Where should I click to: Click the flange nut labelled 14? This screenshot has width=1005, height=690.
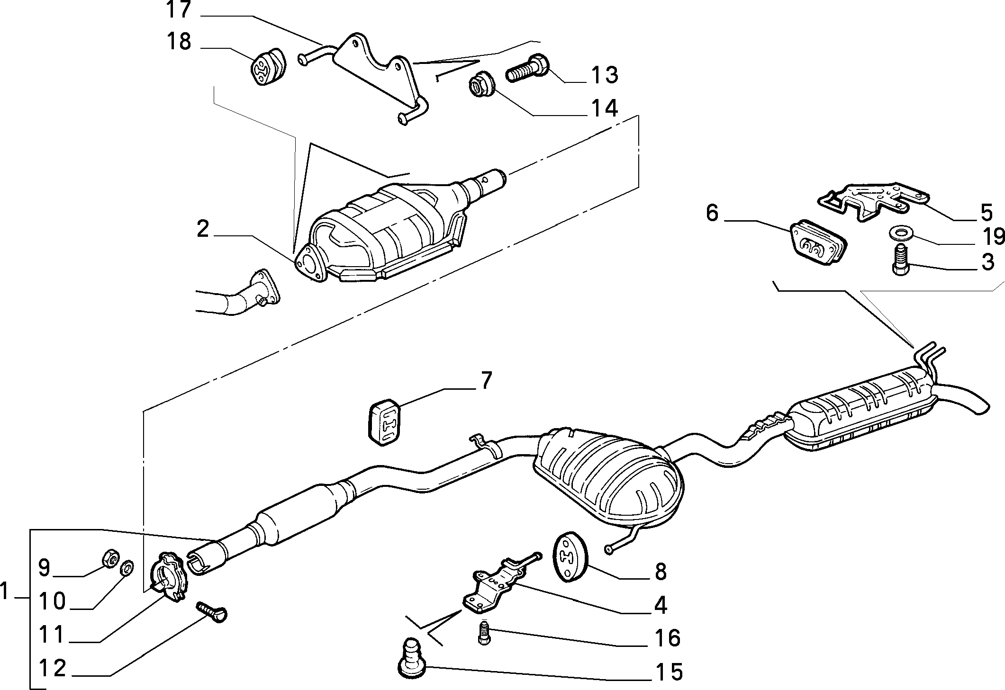pyautogui.click(x=481, y=87)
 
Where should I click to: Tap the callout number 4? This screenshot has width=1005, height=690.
pyautogui.click(x=660, y=606)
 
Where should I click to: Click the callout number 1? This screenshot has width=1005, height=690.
pyautogui.click(x=6, y=591)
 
